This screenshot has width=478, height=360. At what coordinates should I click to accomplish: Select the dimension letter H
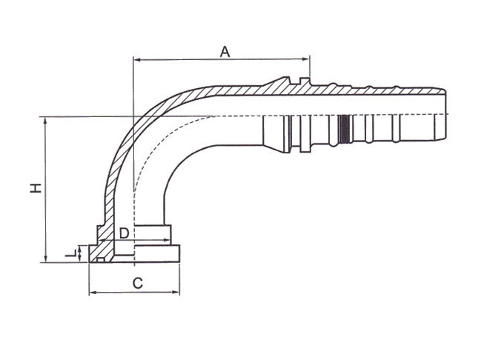click(x=35, y=188)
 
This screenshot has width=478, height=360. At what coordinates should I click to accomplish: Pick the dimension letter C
click(x=137, y=282)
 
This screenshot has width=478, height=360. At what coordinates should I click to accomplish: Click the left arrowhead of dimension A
click(x=136, y=59)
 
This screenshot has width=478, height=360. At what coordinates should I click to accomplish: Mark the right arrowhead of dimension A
click(x=307, y=59)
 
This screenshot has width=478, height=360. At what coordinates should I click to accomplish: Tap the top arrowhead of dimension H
click(x=46, y=119)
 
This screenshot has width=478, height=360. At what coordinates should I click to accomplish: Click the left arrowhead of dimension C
click(x=92, y=293)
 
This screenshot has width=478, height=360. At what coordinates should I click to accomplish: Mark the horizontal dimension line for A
click(x=222, y=59)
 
